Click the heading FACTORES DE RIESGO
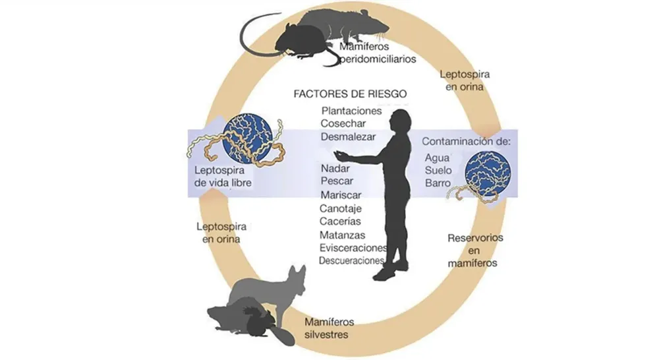(x=350, y=94)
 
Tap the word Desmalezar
(x=348, y=136)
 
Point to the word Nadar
(x=335, y=168)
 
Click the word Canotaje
(x=341, y=208)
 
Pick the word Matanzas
(x=342, y=235)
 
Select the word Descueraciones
(x=351, y=260)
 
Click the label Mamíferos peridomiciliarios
(x=378, y=53)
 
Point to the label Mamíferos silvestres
(x=329, y=328)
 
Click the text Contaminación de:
(x=466, y=141)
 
